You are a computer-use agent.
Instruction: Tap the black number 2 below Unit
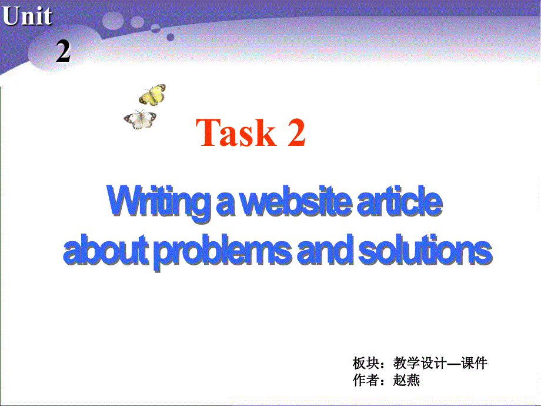click(63, 52)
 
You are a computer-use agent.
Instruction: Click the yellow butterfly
click(152, 94)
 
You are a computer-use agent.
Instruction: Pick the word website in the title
click(296, 202)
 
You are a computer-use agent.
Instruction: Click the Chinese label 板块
click(365, 362)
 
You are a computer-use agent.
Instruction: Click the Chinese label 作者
click(365, 380)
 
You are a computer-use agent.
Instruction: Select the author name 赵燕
click(407, 380)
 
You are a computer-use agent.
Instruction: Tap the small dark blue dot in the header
click(171, 36)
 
